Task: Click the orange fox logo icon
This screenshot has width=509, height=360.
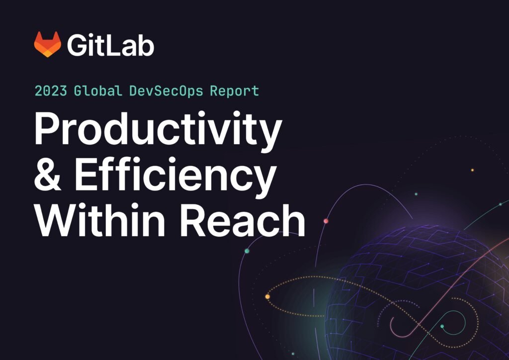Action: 47,44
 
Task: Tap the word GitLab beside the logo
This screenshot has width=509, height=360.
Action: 111,45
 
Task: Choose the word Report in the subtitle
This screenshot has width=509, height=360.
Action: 234,91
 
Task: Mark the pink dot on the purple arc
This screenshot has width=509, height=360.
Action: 326,221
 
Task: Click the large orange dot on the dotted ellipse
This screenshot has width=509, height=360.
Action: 267,297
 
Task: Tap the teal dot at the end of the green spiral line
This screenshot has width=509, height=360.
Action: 442,327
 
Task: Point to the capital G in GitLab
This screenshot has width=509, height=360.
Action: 78,45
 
